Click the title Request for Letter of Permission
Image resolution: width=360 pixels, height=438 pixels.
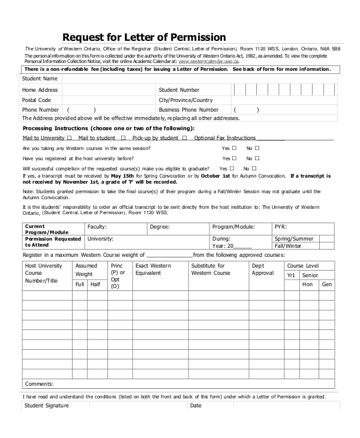[144, 37]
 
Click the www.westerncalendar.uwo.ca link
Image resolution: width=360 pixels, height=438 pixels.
[209, 61]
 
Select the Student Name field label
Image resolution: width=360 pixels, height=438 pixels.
[40, 79]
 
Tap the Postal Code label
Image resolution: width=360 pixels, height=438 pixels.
[37, 100]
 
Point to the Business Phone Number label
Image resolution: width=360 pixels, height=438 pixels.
[188, 110]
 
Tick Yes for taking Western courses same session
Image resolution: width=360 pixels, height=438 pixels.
[234, 148]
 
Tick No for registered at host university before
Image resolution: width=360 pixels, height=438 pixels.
[257, 158]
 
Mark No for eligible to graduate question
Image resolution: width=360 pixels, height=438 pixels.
[254, 169]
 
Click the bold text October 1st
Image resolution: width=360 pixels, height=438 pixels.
[214, 176]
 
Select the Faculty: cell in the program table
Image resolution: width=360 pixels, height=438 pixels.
[97, 227]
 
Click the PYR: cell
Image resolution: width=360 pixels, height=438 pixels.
[280, 227]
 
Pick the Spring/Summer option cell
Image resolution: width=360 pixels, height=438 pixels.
[293, 238]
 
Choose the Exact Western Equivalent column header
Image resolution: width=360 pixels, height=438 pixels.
[153, 269]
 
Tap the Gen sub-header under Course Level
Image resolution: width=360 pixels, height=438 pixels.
[326, 284]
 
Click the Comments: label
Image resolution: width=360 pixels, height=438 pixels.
[39, 384]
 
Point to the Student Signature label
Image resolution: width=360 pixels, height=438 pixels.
[47, 406]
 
